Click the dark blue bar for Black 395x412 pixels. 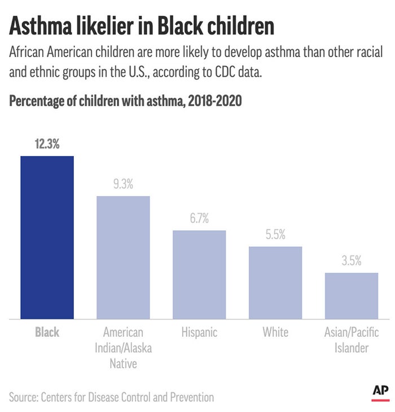(x=47, y=237)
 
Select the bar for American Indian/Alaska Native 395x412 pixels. (x=123, y=257)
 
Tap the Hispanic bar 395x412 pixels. (x=199, y=275)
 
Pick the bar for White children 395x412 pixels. (x=275, y=283)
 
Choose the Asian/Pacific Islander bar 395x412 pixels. (x=351, y=296)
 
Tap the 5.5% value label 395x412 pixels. (x=275, y=235)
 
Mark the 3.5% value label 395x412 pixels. (x=351, y=261)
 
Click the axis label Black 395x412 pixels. (x=47, y=333)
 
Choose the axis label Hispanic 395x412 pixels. (x=199, y=333)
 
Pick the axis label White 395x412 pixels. (x=275, y=333)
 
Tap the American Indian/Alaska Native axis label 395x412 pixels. (x=123, y=348)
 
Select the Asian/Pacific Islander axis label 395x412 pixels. (x=351, y=340)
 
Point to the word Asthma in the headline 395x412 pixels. (x=44, y=26)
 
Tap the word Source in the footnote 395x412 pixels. (x=23, y=397)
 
